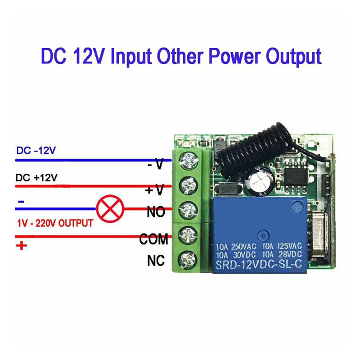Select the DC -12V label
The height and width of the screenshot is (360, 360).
pyautogui.click(x=36, y=151)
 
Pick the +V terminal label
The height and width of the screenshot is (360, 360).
pyautogui.click(x=154, y=190)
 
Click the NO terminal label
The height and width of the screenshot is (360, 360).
pyautogui.click(x=156, y=212)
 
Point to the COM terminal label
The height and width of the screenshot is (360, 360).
pyautogui.click(x=153, y=239)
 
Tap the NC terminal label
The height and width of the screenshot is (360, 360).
pyautogui.click(x=156, y=260)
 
